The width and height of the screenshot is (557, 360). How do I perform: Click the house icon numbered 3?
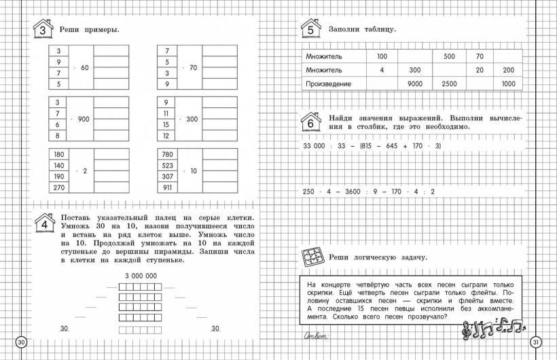click(x=43, y=30)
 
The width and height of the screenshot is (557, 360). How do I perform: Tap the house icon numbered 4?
click(x=43, y=223)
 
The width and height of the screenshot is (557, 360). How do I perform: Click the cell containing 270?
click(x=59, y=187)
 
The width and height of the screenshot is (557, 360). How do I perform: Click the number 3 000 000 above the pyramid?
click(x=141, y=275)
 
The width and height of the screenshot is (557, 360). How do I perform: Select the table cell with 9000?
click(x=415, y=84)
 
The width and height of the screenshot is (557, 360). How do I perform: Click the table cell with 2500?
click(x=449, y=84)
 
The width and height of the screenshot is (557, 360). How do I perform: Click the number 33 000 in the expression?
click(x=314, y=146)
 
